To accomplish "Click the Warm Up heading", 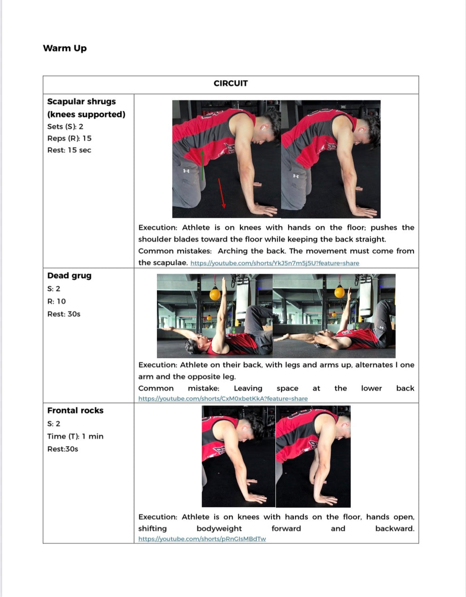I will point(65,48).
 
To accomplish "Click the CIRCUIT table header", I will point(231,83).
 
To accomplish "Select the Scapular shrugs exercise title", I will point(81,102).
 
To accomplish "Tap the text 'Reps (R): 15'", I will point(69,138).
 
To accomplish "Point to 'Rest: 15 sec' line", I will point(69,150).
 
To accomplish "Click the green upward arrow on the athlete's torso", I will point(202,164).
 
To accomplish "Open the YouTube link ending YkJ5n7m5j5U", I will point(274,263).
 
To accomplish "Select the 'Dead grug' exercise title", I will point(69,276).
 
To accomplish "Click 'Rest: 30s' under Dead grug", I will point(64,314).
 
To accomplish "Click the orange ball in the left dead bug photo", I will point(215,294).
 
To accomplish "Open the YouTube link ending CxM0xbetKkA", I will point(223,399).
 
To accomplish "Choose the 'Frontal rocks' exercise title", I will point(75,411).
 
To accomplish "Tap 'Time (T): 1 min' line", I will point(75,436).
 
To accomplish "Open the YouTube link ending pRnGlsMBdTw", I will point(202,539).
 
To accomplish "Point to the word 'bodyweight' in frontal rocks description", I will point(219,529).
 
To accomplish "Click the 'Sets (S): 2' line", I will point(65,127).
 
